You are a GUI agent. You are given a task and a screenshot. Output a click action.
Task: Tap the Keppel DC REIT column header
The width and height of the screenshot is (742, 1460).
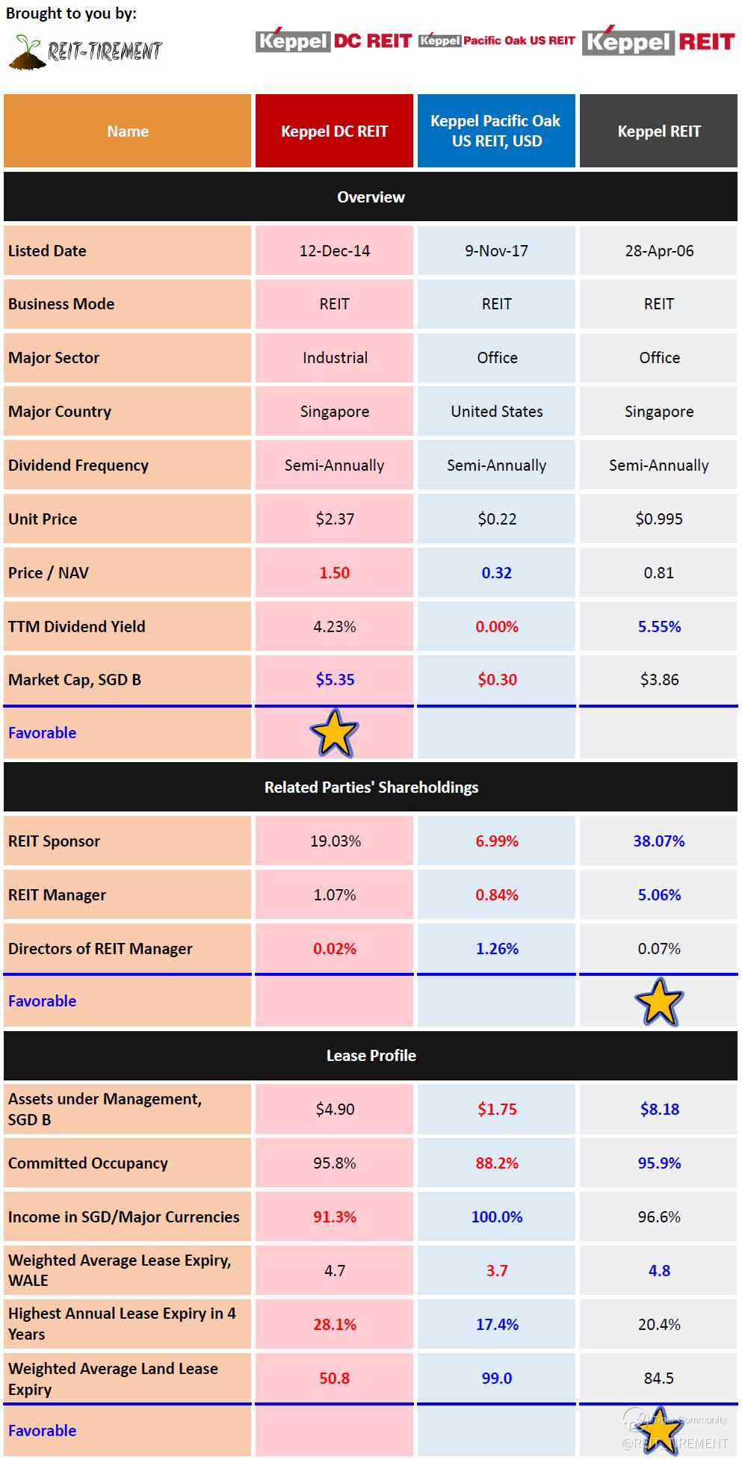point(334,132)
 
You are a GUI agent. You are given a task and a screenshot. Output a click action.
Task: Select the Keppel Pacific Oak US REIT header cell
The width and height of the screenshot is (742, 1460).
point(496,131)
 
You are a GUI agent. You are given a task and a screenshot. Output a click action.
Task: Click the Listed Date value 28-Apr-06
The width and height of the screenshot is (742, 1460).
point(659,251)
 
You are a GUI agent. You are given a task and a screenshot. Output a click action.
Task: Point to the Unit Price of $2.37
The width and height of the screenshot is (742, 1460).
point(334,519)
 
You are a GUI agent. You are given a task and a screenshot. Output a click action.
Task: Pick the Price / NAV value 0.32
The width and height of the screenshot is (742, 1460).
point(496,573)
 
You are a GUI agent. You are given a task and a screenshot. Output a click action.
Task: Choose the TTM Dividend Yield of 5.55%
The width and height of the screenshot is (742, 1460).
point(659,627)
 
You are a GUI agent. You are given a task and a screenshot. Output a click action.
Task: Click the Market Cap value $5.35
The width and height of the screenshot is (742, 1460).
point(334,680)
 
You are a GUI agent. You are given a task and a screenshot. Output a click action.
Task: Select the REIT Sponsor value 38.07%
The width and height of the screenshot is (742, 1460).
point(659,841)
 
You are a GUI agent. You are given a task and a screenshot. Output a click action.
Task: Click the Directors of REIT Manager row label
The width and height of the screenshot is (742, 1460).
point(100,949)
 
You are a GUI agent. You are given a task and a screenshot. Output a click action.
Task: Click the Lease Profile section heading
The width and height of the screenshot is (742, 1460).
point(371,1056)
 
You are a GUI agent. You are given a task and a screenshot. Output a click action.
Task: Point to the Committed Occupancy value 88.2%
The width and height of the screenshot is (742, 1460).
point(496,1163)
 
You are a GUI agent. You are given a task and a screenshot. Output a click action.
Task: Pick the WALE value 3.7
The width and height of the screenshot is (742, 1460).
point(496,1271)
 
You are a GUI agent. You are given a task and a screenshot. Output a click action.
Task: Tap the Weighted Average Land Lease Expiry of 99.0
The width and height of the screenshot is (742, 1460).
point(496,1379)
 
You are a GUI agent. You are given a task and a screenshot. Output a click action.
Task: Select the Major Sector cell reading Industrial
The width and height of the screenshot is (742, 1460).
point(334,358)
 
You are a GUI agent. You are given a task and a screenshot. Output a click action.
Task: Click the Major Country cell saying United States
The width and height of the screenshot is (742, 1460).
point(496,412)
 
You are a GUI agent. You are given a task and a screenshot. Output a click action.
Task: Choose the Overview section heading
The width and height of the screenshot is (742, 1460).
point(371,197)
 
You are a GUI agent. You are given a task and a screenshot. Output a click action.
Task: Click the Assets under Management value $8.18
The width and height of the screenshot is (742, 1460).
point(659,1110)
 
